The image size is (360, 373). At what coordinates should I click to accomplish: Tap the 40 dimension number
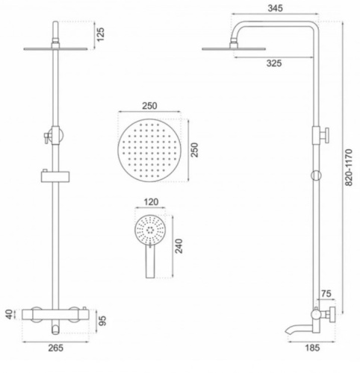click(x=9, y=313)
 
